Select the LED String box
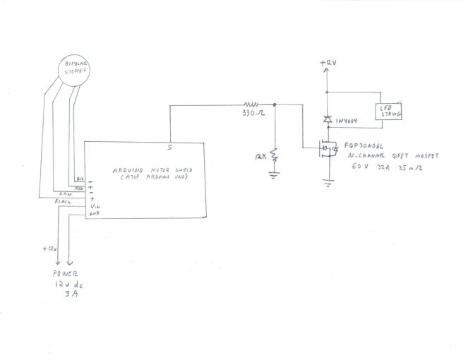click(x=388, y=112)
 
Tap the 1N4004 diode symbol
click(x=327, y=120)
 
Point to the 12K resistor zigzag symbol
click(x=275, y=153)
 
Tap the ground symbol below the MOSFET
click(x=328, y=182)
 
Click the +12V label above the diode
click(x=328, y=64)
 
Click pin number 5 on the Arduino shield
click(x=169, y=148)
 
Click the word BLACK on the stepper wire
click(x=64, y=201)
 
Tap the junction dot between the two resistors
click(x=275, y=104)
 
